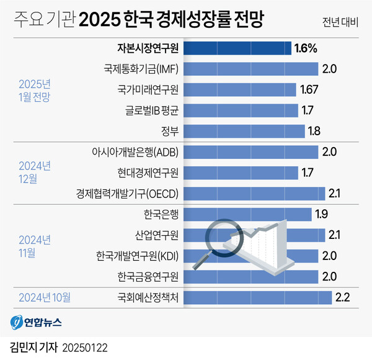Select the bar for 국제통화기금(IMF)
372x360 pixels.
(x=252, y=68)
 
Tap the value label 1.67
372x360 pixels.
(x=309, y=89)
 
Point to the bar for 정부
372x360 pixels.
(x=245, y=131)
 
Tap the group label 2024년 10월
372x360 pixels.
(x=45, y=296)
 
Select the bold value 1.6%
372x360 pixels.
(x=306, y=48)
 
